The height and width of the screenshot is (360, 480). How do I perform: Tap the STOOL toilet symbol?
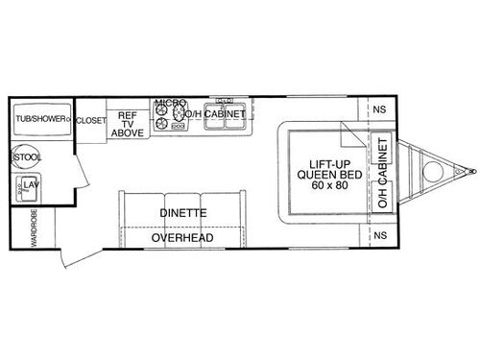pos(27,156)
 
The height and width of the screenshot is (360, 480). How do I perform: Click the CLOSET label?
pos(90,120)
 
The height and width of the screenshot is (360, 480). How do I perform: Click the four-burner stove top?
pos(168,117)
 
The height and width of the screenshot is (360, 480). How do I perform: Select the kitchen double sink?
pos(228,100)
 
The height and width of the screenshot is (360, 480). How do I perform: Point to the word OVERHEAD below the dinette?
pos(181,237)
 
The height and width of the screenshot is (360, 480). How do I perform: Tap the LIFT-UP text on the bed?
pos(329,162)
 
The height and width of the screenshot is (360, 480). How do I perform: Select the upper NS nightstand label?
pos(381,108)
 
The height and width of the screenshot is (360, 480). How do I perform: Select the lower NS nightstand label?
pos(381,235)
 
